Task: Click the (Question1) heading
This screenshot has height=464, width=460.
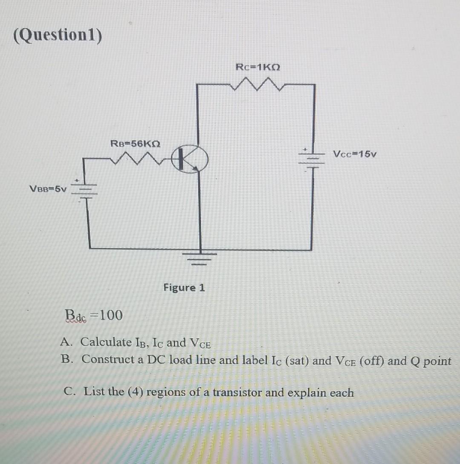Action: point(58,36)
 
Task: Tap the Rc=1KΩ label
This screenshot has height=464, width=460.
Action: point(258,67)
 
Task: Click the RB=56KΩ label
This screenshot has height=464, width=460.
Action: point(135,143)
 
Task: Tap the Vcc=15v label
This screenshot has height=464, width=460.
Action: point(355,153)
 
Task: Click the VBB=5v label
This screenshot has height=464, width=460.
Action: point(48,189)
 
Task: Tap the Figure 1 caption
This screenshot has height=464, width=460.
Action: point(184,288)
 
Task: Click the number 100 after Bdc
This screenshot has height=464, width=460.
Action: point(112,315)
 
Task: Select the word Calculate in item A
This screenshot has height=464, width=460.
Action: point(106,342)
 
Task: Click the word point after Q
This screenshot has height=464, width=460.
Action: point(438,361)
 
